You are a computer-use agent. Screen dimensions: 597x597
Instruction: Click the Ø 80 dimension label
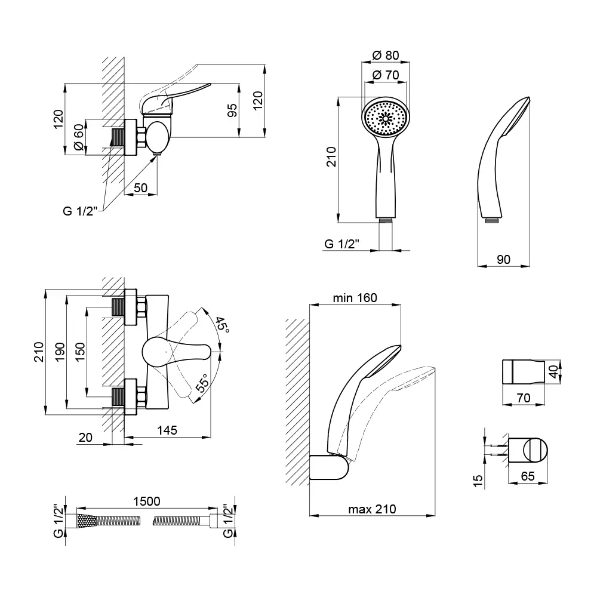tap(385, 56)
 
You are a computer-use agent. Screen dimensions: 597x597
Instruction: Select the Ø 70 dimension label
tap(385, 75)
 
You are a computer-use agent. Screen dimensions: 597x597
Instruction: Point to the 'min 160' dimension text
tap(355, 298)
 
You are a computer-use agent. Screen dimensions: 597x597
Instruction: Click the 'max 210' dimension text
tap(372, 509)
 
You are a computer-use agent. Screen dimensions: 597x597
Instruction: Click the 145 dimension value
tap(168, 430)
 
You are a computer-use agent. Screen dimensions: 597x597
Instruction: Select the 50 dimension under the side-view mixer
tap(141, 187)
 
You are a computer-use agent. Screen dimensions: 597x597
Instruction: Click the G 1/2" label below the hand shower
tap(341, 244)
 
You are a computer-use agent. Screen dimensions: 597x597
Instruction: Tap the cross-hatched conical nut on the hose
tap(85, 521)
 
